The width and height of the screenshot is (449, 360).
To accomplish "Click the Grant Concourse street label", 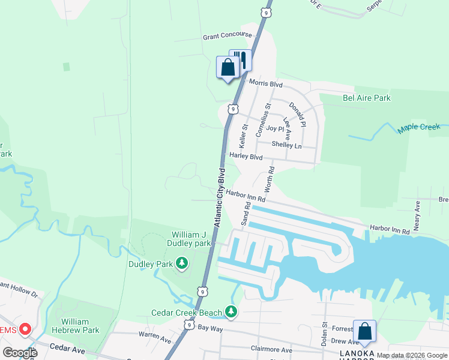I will pos(227,36).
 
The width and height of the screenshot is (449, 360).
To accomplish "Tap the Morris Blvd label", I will pos(265,83).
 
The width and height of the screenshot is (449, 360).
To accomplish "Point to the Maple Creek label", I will pos(418,128).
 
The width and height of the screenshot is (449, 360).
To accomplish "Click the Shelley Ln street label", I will pos(286,145).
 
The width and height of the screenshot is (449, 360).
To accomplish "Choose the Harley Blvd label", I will pos(246,156).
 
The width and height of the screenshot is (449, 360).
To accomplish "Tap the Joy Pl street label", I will pos(275,128).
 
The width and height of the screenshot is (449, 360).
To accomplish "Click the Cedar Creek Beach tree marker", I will pos(231,311).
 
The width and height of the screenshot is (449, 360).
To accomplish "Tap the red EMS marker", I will pos(25,329).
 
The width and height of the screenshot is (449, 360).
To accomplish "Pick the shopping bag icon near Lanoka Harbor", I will pos(364,331).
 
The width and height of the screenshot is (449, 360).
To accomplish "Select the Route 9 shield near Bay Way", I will pos(189,324).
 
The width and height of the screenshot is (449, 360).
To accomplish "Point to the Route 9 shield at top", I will pos(266,11).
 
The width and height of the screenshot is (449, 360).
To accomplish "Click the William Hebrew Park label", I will pos(83,326).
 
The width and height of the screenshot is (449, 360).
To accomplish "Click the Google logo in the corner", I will pos(20,352).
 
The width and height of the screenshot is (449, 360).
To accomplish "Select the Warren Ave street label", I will pos(155,339).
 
